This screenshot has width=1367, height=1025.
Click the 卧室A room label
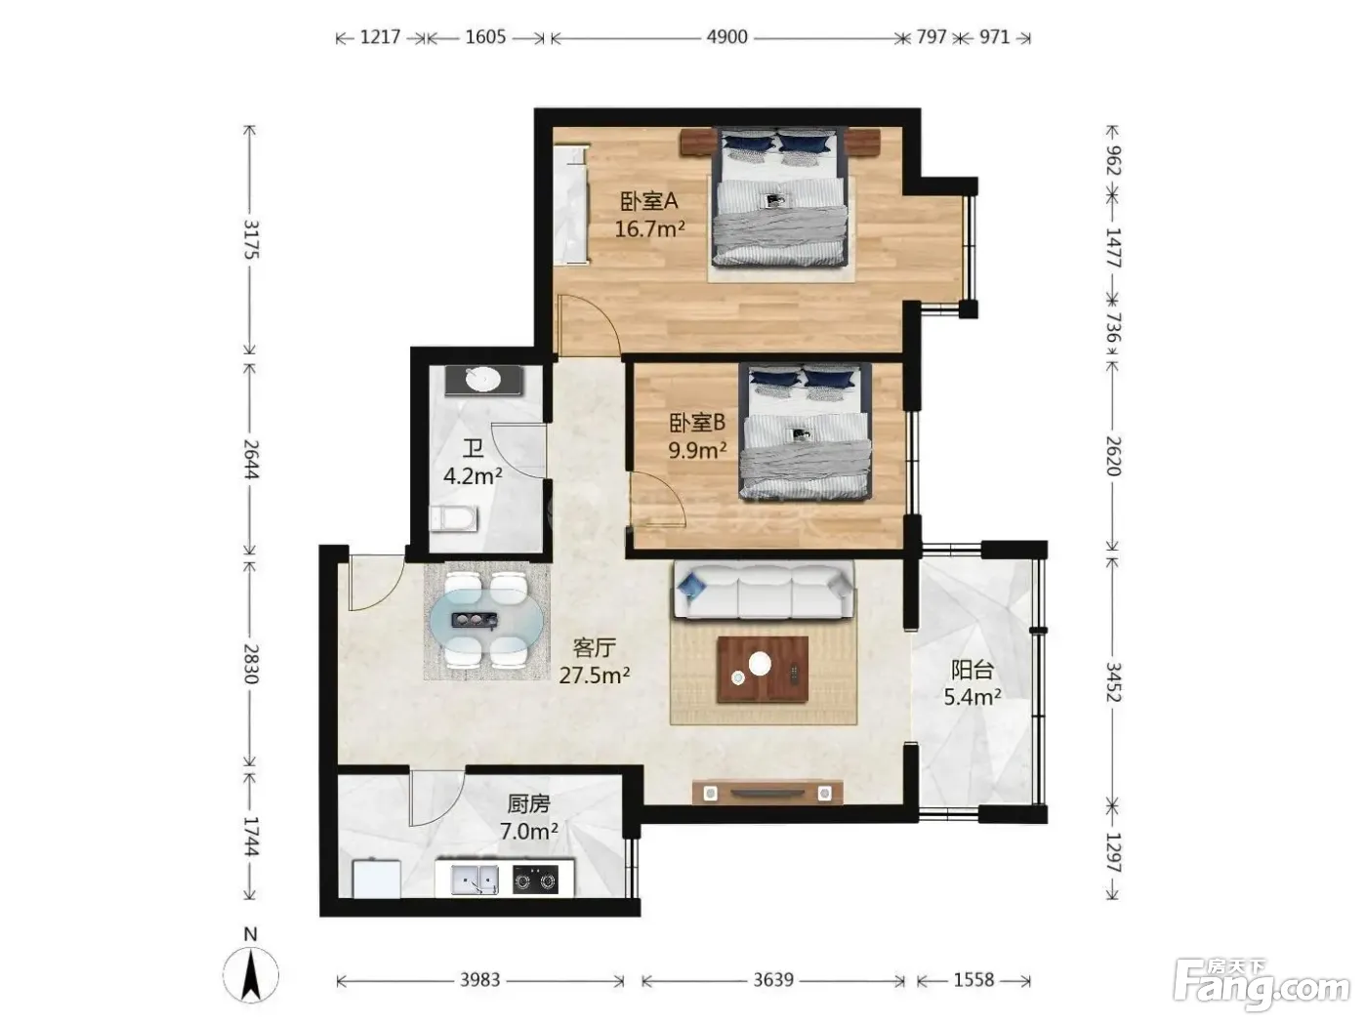pyautogui.click(x=649, y=201)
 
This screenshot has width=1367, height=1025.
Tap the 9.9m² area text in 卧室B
pyautogui.click(x=697, y=450)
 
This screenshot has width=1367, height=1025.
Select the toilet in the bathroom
pyautogui.click(x=454, y=518)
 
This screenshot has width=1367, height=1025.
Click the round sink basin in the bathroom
pyautogui.click(x=484, y=379)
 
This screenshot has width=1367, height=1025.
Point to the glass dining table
pyautogui.click(x=486, y=620)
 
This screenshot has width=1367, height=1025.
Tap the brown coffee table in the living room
pyautogui.click(x=763, y=669)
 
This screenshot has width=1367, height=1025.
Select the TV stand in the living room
pyautogui.click(x=767, y=793)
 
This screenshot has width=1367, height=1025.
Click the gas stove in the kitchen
pyautogui.click(x=535, y=880)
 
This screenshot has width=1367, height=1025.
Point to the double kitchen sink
pyautogui.click(x=475, y=880)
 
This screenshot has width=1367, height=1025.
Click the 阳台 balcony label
pyautogui.click(x=973, y=671)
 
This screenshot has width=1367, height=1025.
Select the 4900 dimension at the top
pyautogui.click(x=726, y=37)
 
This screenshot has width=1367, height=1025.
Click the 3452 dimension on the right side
pyautogui.click(x=1112, y=681)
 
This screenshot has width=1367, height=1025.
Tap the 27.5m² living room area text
pyautogui.click(x=594, y=676)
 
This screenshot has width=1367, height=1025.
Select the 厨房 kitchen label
pyautogui.click(x=528, y=804)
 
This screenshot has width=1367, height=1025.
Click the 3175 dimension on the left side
pyautogui.click(x=250, y=239)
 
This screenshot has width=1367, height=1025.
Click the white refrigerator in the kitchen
pyautogui.click(x=376, y=879)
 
